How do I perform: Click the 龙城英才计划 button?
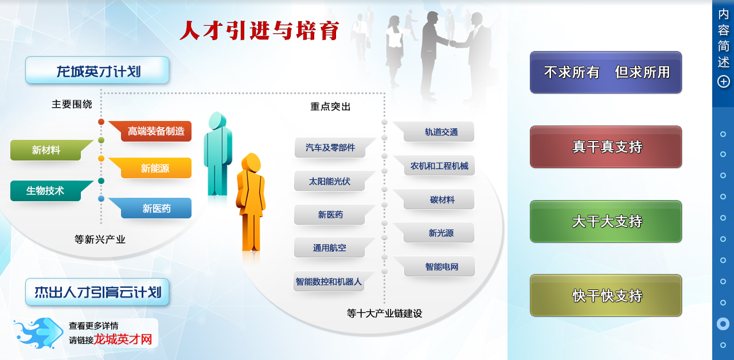[97, 70]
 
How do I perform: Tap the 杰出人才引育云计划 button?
[97, 292]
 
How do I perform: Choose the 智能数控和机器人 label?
[330, 281]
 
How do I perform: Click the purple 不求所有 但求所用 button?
[606, 72]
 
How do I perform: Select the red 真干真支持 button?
[606, 147]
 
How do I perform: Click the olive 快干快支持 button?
[606, 295]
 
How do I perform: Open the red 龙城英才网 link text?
[123, 339]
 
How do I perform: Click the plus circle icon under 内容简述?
[724, 81]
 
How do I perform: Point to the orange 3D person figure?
[251, 203]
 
